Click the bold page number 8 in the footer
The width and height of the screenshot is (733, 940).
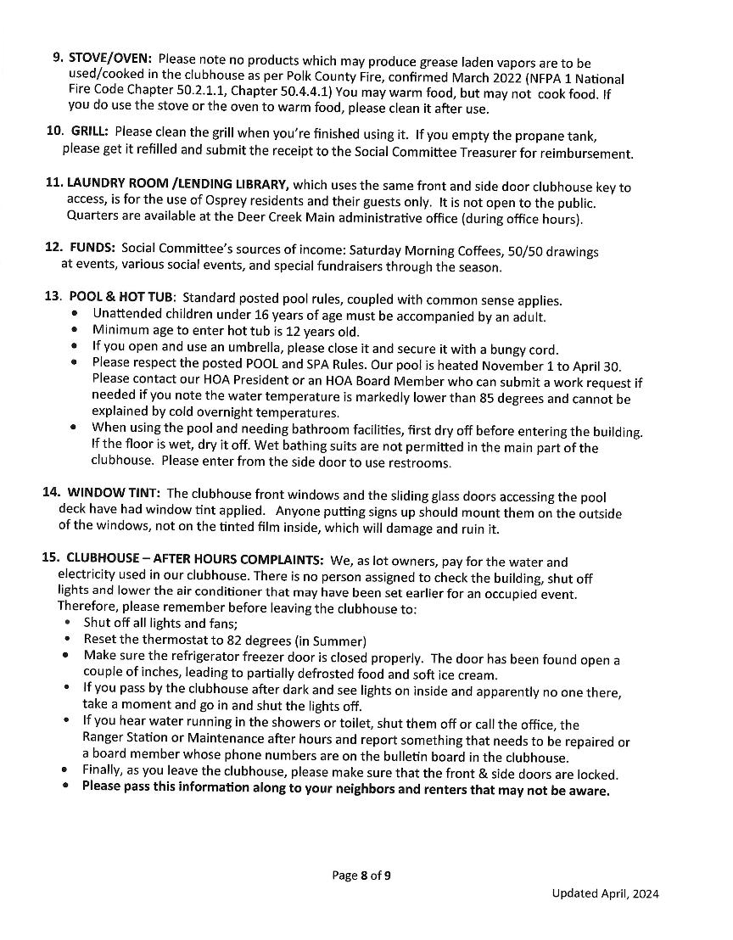363,876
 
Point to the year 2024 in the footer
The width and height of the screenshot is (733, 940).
644,893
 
